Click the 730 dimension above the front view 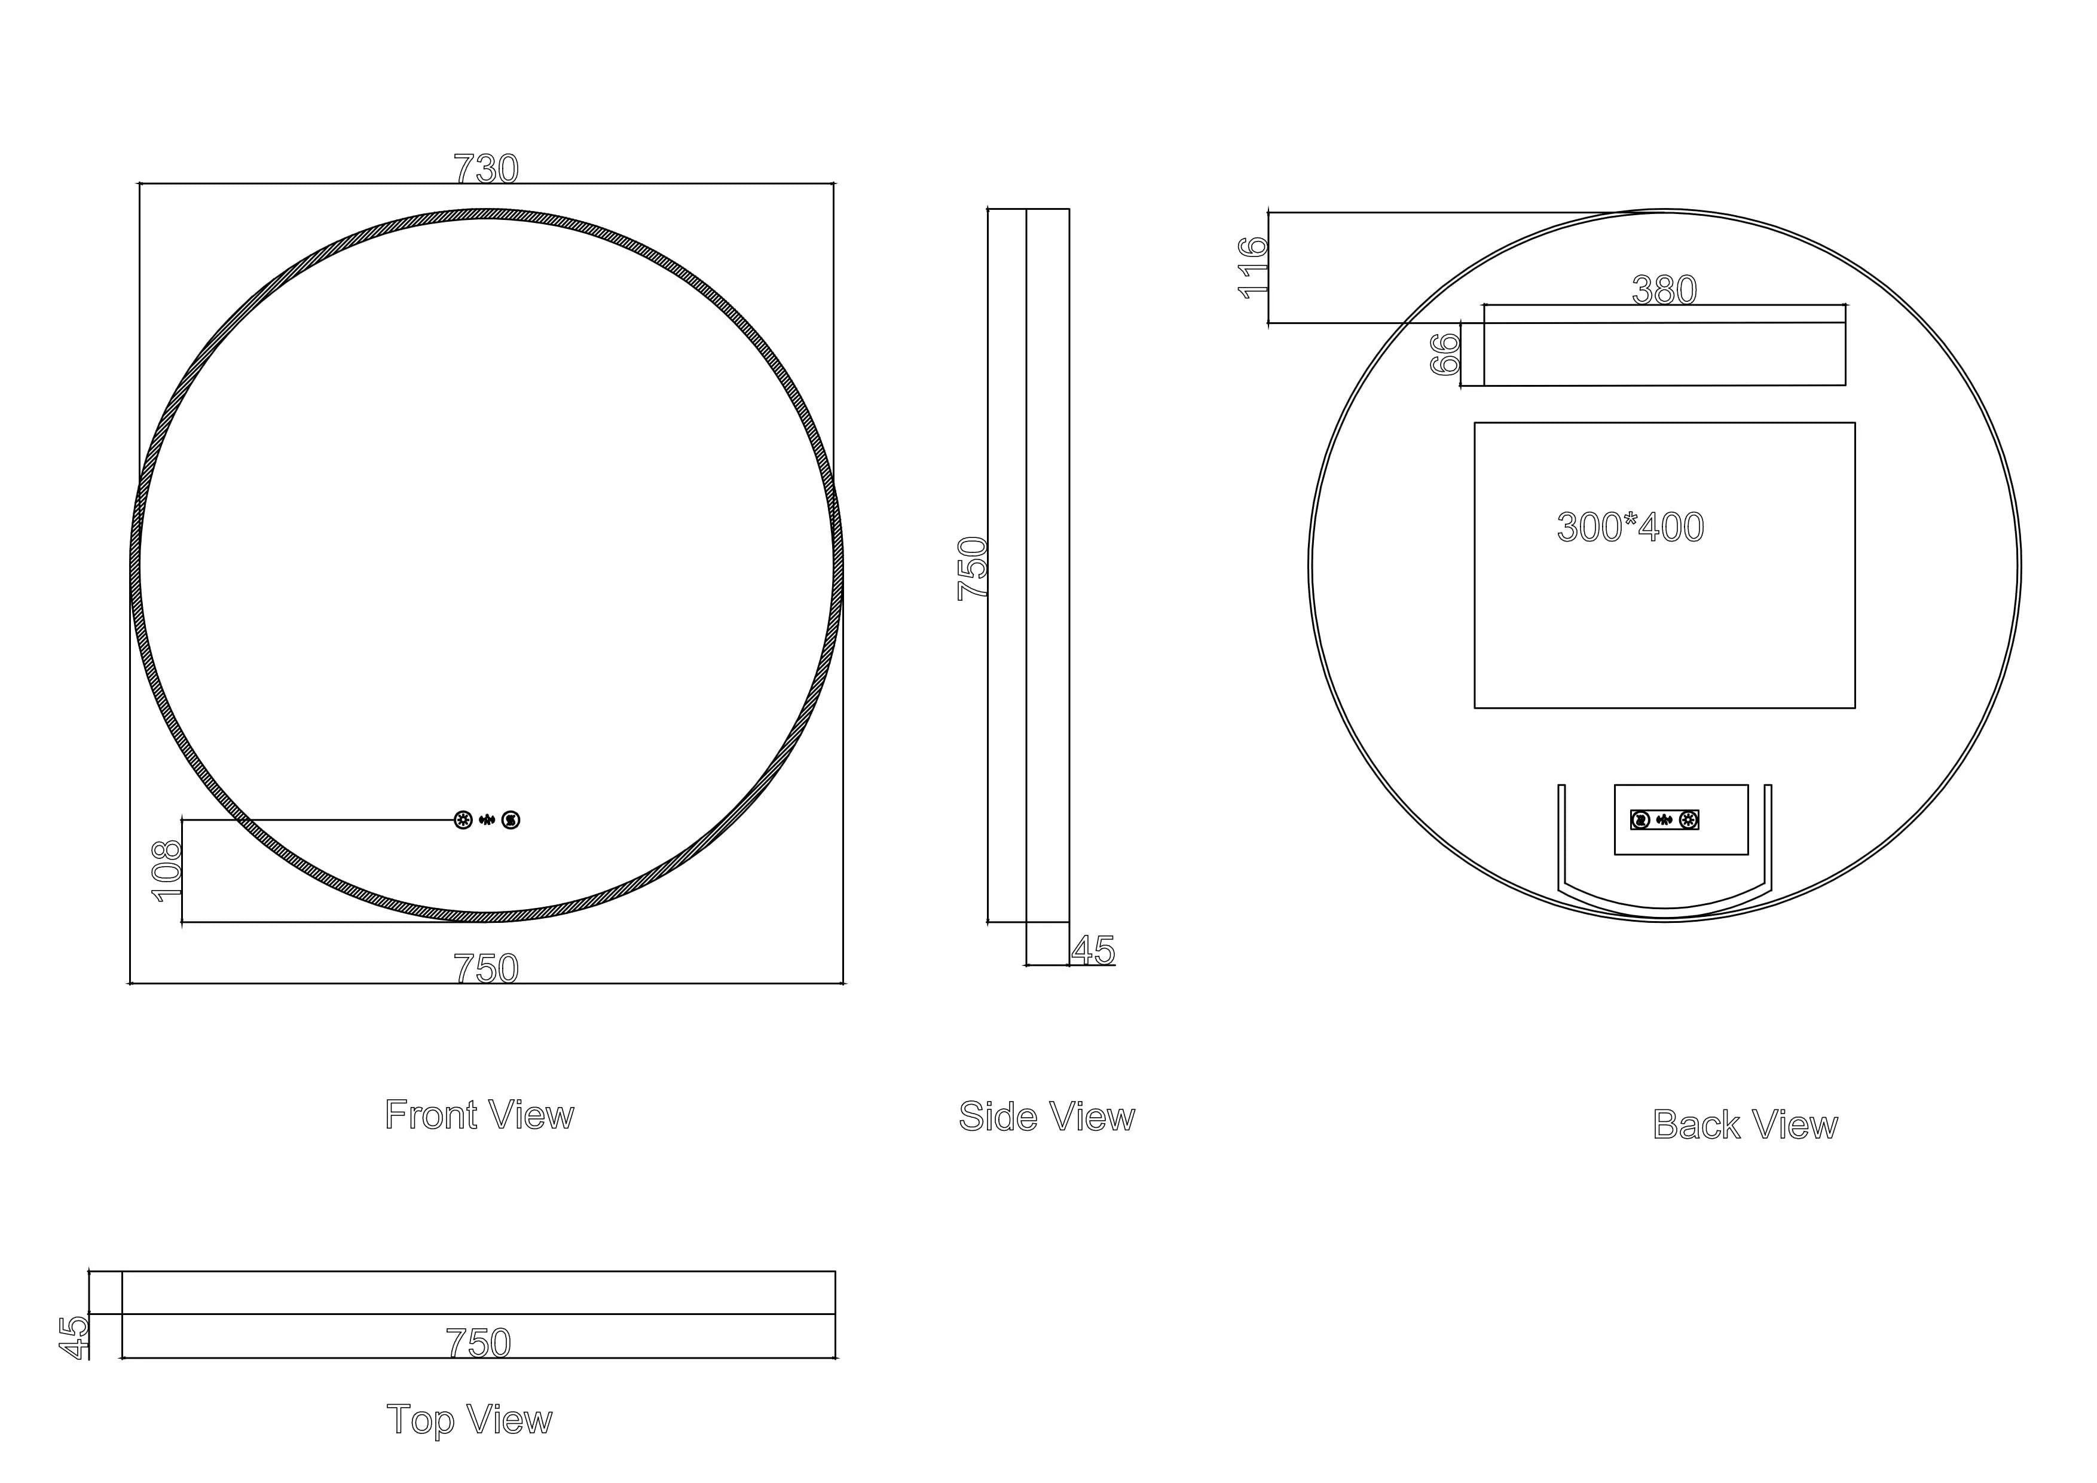[486, 169]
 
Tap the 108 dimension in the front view [168, 871]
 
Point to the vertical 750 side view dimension [973, 568]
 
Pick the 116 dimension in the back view [1253, 268]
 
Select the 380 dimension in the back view [1664, 291]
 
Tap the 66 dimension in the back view [1445, 354]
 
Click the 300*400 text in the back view [1630, 528]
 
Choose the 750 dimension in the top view [479, 1343]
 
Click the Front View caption [479, 1115]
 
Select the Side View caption [1047, 1117]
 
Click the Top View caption [469, 1420]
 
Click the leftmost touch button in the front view [463, 820]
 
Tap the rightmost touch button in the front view [511, 820]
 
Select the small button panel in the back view [1665, 820]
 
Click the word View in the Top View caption [510, 1420]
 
